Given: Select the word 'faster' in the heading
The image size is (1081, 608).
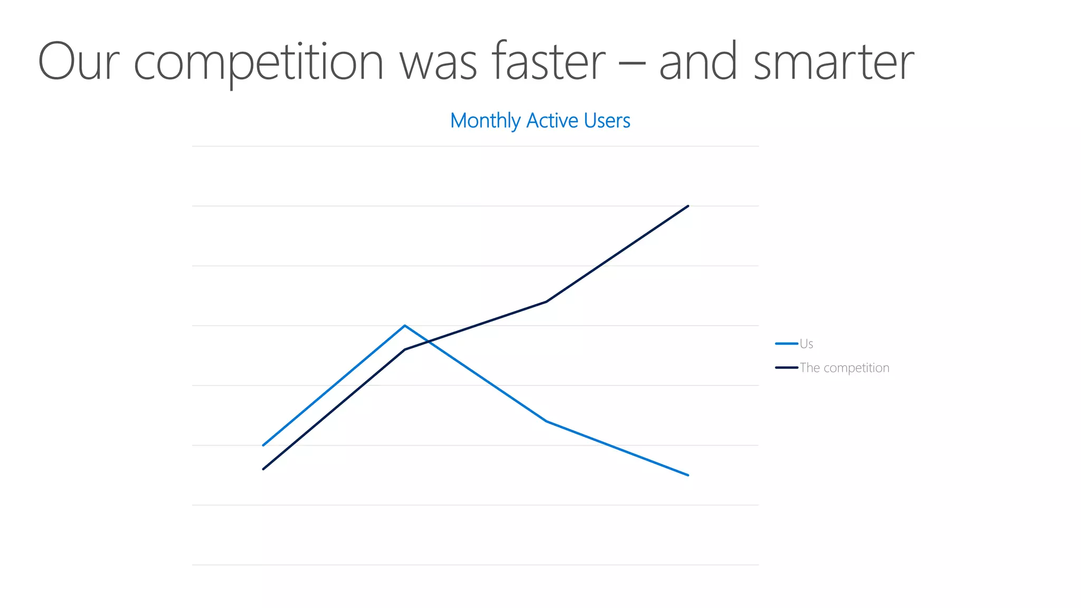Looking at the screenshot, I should (x=548, y=62).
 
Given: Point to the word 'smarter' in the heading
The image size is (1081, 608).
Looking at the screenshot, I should (x=833, y=62).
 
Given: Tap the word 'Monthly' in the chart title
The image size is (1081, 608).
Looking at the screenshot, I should (x=485, y=121).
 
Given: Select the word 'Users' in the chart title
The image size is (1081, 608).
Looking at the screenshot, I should (x=607, y=121).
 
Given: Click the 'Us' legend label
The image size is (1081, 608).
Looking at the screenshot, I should (x=806, y=344).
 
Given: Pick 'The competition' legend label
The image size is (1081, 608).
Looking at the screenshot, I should (x=844, y=368).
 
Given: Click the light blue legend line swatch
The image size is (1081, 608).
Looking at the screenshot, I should (x=786, y=344).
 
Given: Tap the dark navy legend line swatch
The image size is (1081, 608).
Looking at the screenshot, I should (x=786, y=368).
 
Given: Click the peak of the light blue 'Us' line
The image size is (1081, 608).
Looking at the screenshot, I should (x=405, y=326).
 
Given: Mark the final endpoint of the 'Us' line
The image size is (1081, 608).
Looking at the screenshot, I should (x=688, y=475).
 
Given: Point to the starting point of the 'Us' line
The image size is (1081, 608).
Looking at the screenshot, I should (x=263, y=445).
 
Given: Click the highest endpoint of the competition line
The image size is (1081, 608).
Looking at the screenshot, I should (x=688, y=206).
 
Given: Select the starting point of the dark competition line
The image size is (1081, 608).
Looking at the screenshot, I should (x=263, y=469).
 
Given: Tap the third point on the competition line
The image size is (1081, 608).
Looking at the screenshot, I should (x=546, y=302).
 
